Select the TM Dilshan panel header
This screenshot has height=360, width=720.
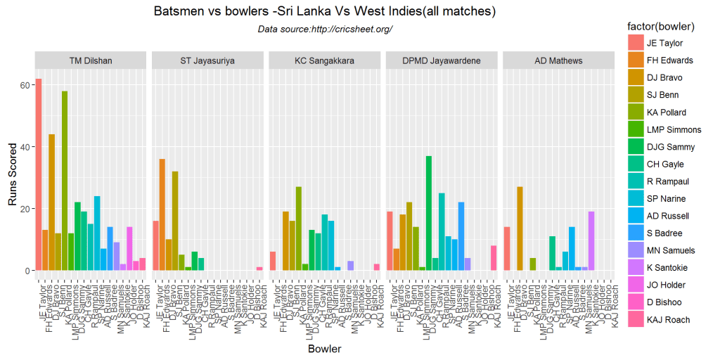91,60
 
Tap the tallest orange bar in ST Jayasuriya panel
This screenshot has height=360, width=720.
162,214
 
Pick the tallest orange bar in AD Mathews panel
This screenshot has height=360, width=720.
520,229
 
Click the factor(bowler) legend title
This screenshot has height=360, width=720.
662,27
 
